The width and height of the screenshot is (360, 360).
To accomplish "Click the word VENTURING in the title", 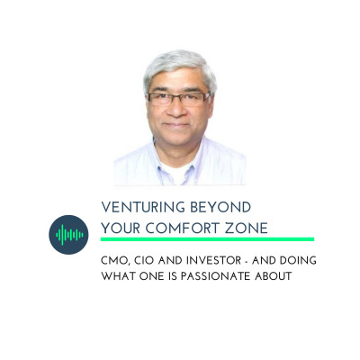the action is (143, 207).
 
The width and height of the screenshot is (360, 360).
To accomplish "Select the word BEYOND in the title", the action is (220, 207).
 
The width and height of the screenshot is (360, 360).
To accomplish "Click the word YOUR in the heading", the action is (121, 229).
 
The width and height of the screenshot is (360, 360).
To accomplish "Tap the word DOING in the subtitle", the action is (298, 260).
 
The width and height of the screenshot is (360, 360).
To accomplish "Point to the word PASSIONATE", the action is (215, 276).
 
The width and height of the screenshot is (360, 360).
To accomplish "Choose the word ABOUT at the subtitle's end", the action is (274, 276).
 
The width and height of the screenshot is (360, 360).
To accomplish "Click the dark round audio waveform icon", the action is (68, 235).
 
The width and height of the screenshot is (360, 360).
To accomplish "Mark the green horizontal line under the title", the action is (207, 239).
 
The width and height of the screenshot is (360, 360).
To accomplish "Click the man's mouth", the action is (177, 124).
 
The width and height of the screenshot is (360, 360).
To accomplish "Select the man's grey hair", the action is (179, 68).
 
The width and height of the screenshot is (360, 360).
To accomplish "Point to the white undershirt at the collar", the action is (177, 173).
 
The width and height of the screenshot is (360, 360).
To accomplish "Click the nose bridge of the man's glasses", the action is (177, 97).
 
